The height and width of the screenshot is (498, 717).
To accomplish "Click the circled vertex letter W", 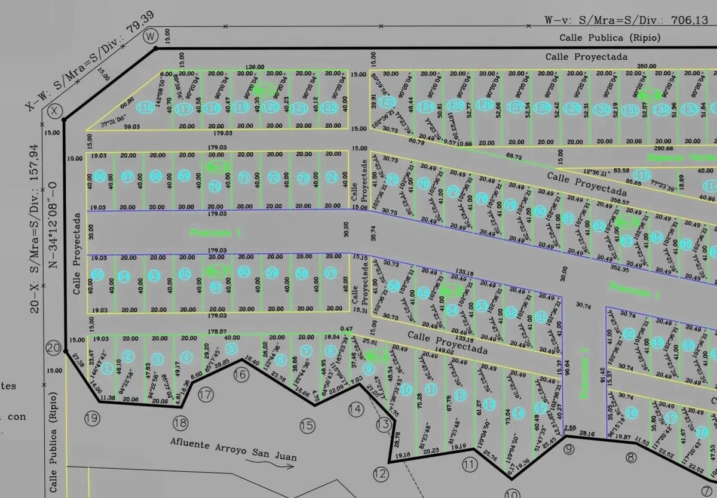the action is (149, 36).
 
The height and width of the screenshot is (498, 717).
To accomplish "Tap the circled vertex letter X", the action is (54, 111).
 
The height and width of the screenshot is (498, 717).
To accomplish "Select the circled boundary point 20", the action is (54, 349).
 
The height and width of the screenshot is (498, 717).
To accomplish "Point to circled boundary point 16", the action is (241, 375).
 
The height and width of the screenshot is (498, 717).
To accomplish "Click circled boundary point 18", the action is (180, 423).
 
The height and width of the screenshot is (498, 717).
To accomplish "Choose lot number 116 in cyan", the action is (145, 107).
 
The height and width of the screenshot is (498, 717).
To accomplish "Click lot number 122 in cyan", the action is (329, 107).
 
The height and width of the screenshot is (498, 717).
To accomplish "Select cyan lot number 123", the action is (387, 102).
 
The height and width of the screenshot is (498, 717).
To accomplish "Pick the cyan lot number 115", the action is (642, 175).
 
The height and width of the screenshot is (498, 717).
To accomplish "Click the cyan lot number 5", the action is (232, 348).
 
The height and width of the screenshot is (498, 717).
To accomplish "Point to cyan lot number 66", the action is (99, 176).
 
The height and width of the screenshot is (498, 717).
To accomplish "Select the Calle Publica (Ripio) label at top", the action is (609, 38).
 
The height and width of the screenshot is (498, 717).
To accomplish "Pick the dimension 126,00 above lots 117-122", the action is (255, 67).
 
